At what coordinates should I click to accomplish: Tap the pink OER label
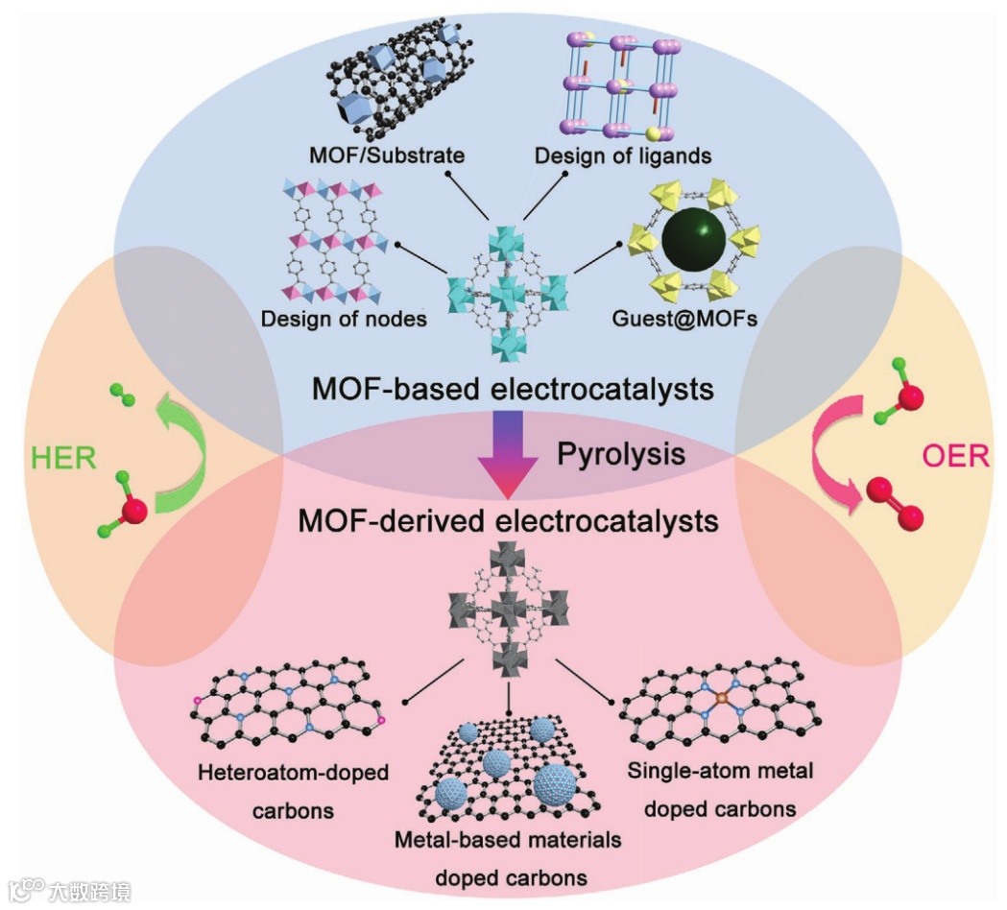click(x=955, y=455)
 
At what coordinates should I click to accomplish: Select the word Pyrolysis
click(x=621, y=453)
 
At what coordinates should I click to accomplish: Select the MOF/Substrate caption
click(x=387, y=155)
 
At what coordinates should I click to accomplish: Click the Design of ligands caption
click(x=622, y=155)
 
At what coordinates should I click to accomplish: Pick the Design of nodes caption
click(x=344, y=318)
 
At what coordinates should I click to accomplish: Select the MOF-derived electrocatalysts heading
click(x=508, y=521)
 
